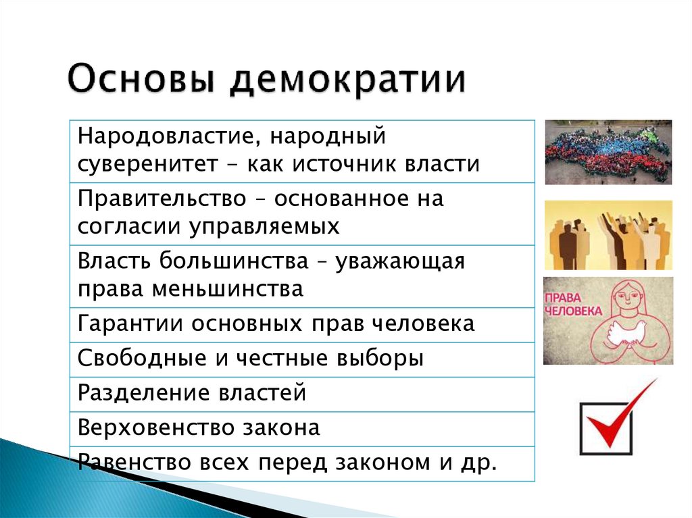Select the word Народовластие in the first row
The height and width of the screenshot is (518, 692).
[164, 137]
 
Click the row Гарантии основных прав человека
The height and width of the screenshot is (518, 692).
[276, 323]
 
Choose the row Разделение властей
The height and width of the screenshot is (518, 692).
[192, 392]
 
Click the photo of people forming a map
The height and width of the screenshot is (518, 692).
[608, 152]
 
